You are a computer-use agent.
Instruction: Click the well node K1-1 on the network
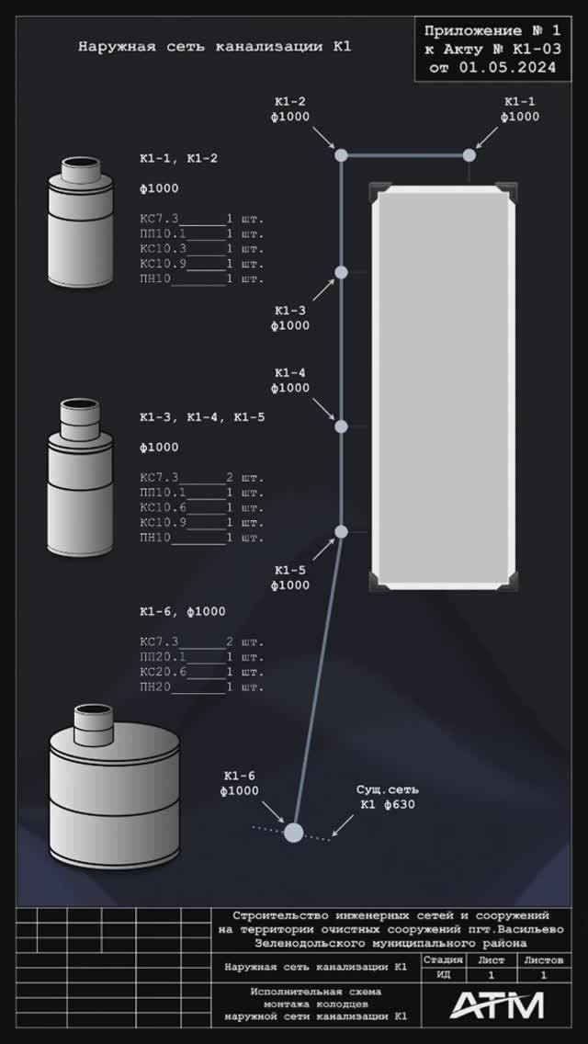click(469, 155)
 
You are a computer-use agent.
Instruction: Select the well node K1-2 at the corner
click(341, 155)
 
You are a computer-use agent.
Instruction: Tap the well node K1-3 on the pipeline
click(341, 272)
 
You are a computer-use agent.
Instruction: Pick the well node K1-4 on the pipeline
click(341, 426)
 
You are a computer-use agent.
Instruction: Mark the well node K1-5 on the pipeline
click(341, 532)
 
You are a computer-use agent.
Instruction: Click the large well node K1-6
click(294, 833)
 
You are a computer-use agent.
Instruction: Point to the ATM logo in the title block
click(497, 1005)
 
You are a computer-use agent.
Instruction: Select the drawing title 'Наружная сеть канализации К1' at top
click(214, 47)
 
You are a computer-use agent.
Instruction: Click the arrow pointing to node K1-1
click(487, 138)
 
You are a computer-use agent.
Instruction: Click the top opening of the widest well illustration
click(93, 709)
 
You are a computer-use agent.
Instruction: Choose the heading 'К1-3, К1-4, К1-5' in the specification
click(202, 418)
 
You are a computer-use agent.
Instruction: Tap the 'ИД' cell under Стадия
click(443, 975)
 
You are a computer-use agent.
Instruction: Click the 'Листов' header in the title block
click(543, 960)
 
